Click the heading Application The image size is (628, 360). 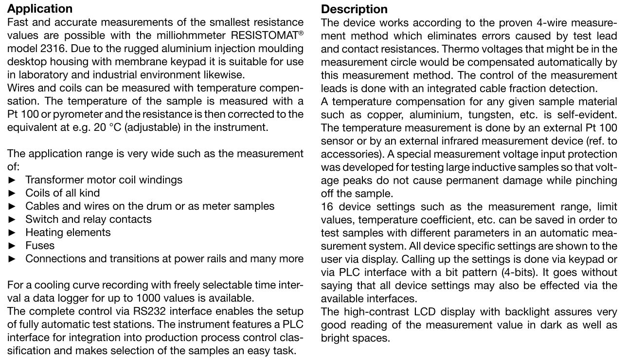[x=40, y=9]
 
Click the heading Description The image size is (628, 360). [x=354, y=9]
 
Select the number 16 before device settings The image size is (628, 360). [x=326, y=207]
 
